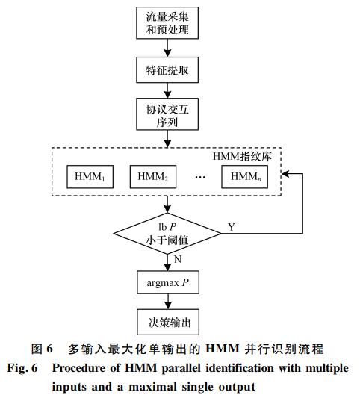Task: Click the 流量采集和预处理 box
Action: pyautogui.click(x=167, y=23)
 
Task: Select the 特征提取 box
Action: pyautogui.click(x=167, y=69)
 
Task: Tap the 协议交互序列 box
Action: pyautogui.click(x=167, y=114)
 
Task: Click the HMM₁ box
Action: pyautogui.click(x=90, y=177)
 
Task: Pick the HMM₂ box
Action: pyautogui.click(x=153, y=177)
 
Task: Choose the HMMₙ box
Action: pyautogui.click(x=244, y=177)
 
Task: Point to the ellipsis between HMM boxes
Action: pyautogui.click(x=200, y=177)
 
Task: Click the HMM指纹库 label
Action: pyautogui.click(x=242, y=156)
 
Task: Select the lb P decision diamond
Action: pyautogui.click(x=167, y=234)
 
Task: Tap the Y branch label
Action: pyautogui.click(x=232, y=227)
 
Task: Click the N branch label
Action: pyautogui.click(x=178, y=259)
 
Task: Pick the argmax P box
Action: pyautogui.click(x=168, y=282)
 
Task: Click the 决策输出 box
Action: pyautogui.click(x=168, y=323)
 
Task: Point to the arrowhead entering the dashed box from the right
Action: pyautogui.click(x=285, y=174)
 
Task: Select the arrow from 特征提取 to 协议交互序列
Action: pyautogui.click(x=167, y=90)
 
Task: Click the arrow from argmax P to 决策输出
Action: pyautogui.click(x=168, y=302)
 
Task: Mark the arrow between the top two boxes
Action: pyautogui.click(x=167, y=48)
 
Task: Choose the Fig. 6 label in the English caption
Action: pyautogui.click(x=22, y=369)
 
